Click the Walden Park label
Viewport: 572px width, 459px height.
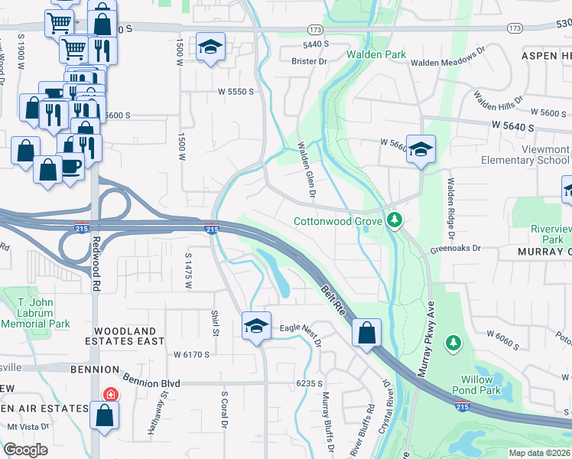375,54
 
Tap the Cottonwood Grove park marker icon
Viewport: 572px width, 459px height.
395,220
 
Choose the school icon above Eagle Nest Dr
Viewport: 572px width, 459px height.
256,326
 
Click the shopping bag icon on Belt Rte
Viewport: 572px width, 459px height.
367,333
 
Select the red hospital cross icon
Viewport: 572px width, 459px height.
111,394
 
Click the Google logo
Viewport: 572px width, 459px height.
26,450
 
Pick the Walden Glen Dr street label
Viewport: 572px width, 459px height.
307,168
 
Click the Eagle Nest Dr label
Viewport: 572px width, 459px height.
301,328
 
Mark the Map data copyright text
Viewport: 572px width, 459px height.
528,453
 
